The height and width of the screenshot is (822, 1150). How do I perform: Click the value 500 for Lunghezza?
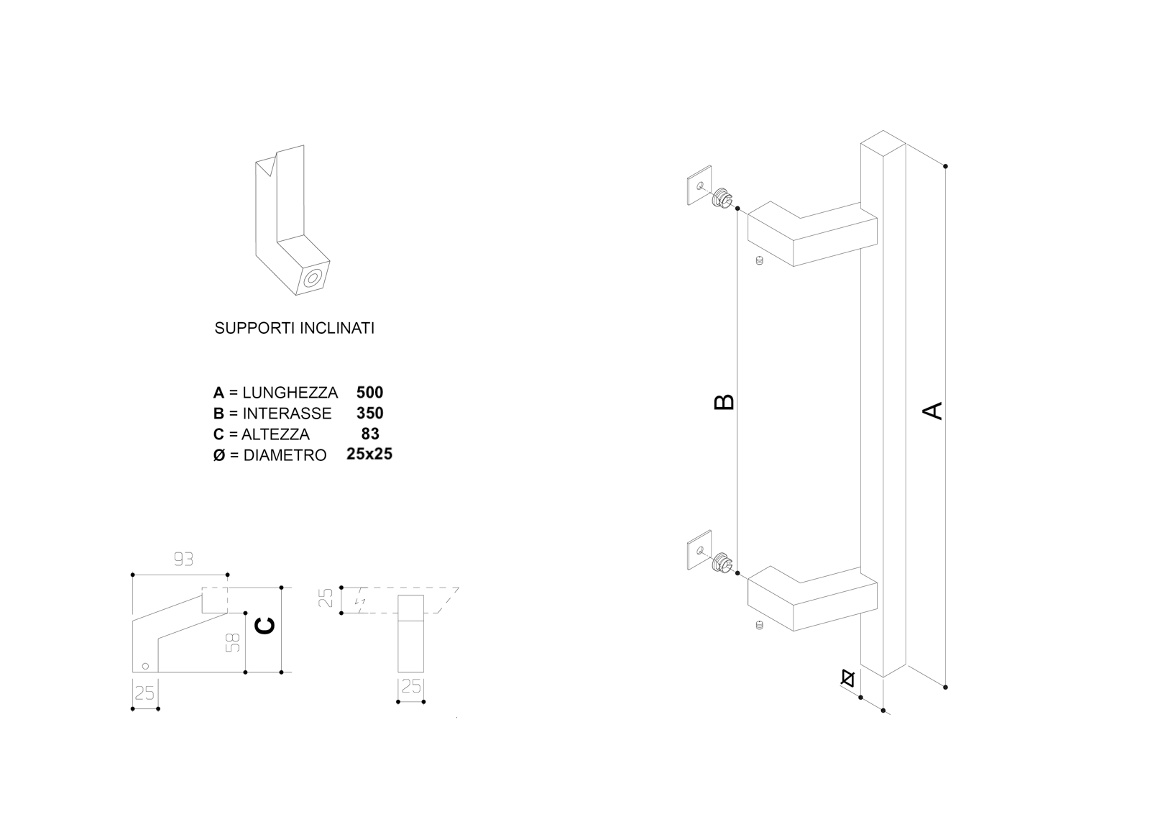click(x=369, y=393)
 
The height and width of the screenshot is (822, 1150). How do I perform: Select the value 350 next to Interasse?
click(x=369, y=414)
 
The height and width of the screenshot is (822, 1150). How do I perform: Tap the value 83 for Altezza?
click(x=370, y=434)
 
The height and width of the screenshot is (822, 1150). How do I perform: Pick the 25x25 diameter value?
click(x=369, y=455)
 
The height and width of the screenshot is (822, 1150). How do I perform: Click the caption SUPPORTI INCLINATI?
click(x=294, y=329)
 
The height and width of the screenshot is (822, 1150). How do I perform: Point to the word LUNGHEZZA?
click(x=290, y=393)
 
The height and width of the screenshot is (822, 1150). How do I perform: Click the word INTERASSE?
click(x=287, y=414)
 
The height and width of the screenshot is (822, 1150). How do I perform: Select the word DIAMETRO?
click(x=285, y=455)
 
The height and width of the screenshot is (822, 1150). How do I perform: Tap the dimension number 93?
click(x=183, y=559)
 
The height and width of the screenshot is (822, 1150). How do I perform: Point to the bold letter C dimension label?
click(x=264, y=627)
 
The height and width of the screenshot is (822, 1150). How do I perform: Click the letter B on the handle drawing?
click(x=724, y=401)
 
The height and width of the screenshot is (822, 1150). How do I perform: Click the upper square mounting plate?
click(x=699, y=186)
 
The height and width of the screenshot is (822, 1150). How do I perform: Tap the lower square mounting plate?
click(x=699, y=550)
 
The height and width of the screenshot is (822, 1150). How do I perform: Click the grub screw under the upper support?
click(x=759, y=261)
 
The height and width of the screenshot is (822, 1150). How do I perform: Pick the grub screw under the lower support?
click(x=759, y=626)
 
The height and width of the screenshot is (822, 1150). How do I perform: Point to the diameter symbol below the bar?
click(x=848, y=677)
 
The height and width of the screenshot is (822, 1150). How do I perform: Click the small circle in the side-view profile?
click(x=145, y=665)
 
